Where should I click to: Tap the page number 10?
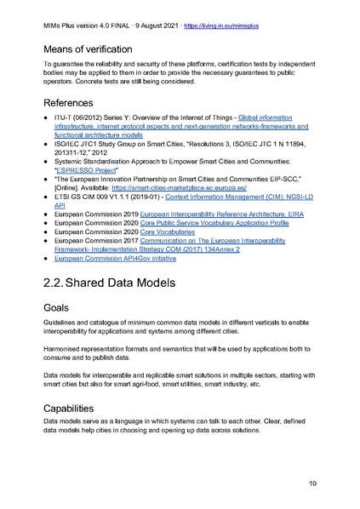[325, 483]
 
